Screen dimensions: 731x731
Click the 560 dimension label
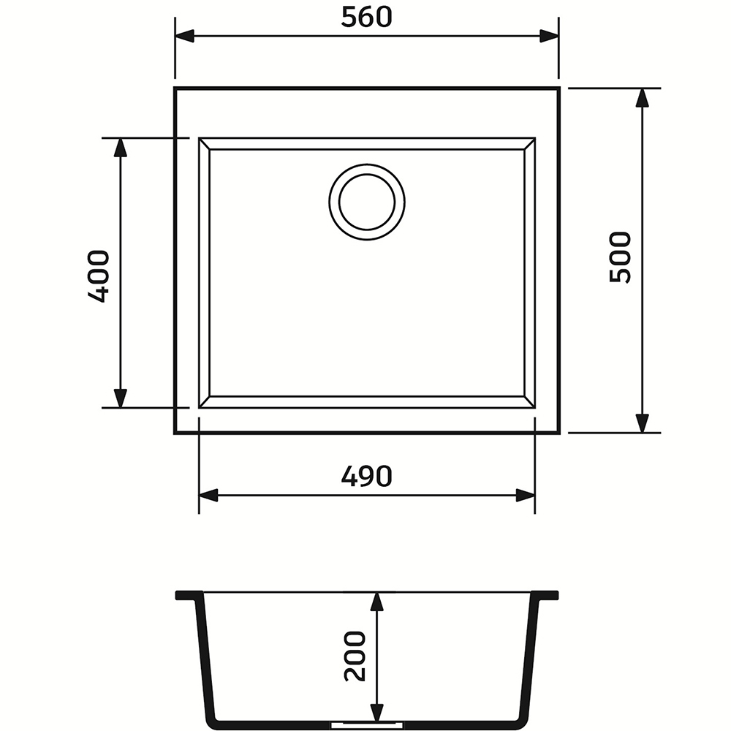tap(366, 18)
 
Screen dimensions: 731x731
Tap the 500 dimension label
tap(620, 257)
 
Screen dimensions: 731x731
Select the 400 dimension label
tap(99, 276)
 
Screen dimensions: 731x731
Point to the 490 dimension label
tap(367, 476)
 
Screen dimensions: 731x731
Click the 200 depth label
tap(355, 656)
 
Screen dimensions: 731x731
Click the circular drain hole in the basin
tap(367, 202)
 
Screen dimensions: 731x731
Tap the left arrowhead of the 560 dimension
tap(185, 36)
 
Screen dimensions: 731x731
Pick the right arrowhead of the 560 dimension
tap(549, 36)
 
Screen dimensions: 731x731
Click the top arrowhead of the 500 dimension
tap(643, 97)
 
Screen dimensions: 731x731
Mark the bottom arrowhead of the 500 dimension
tap(643, 423)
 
